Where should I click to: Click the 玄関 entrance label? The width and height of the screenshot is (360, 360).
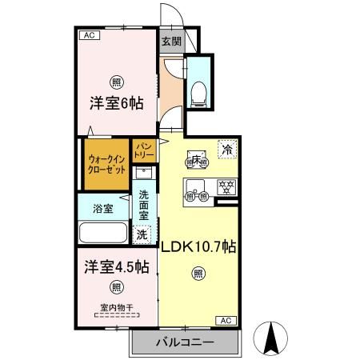pyautogui.click(x=170, y=42)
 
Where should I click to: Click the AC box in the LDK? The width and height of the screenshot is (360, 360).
pyautogui.click(x=226, y=321)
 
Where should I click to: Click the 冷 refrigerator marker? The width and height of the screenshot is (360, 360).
pyautogui.click(x=228, y=149)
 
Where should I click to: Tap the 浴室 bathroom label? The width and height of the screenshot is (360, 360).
pyautogui.click(x=102, y=209)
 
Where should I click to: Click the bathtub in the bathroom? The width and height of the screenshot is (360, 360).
pyautogui.click(x=103, y=234)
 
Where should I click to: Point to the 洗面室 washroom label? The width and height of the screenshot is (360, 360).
pyautogui.click(x=143, y=206)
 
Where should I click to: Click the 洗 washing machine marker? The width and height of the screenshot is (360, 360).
pyautogui.click(x=142, y=236)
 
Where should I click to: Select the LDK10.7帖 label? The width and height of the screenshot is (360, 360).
pyautogui.click(x=198, y=247)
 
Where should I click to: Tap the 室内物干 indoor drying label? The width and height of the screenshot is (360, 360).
pyautogui.click(x=117, y=306)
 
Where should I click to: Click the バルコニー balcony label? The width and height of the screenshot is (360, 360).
pyautogui.click(x=186, y=342)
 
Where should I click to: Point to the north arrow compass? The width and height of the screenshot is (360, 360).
pyautogui.click(x=272, y=338)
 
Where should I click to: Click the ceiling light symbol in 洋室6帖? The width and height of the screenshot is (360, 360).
pyautogui.click(x=117, y=82)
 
